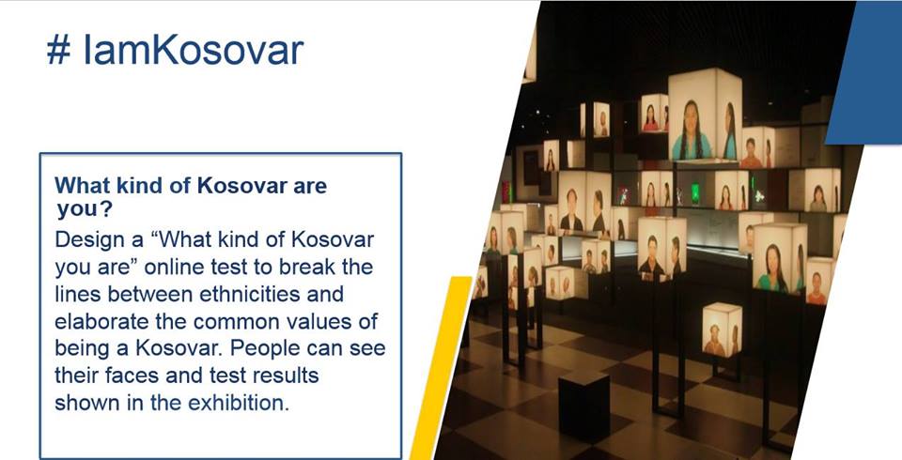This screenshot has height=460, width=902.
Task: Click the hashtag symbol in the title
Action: [x=58, y=51]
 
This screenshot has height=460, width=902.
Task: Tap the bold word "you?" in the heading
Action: [x=84, y=210]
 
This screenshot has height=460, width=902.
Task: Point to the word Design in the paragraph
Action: [x=90, y=240]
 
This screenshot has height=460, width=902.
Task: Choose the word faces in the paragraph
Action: [x=132, y=376]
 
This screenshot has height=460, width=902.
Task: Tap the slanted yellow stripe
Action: [x=441, y=368]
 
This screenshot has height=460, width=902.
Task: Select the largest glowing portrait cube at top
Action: [x=705, y=115]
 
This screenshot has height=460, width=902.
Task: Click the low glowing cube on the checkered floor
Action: [x=722, y=330]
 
